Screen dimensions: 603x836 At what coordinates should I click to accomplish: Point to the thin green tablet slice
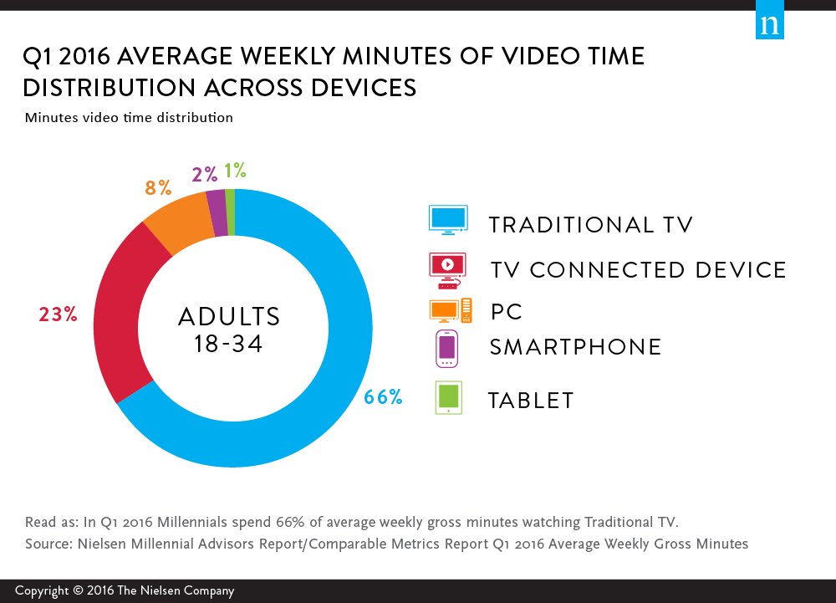230,200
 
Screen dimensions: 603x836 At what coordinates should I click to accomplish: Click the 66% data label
383,397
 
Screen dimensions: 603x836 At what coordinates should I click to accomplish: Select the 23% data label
58,314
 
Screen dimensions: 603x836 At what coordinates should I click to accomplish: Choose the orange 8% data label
158,187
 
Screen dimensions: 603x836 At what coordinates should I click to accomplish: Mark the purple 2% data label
204,174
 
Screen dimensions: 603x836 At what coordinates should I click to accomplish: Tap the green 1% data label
235,171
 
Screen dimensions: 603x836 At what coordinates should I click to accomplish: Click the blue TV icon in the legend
448,219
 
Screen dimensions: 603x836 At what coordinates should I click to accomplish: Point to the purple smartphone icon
447,349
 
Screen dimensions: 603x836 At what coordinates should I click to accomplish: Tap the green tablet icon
449,398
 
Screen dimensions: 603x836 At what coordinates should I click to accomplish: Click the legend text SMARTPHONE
574,347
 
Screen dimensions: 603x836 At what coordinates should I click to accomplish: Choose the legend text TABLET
532,401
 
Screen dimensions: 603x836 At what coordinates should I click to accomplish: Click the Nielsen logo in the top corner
770,24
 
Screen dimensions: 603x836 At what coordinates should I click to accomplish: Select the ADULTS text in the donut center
229,316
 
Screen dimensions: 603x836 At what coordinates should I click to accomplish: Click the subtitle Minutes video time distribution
129,118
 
